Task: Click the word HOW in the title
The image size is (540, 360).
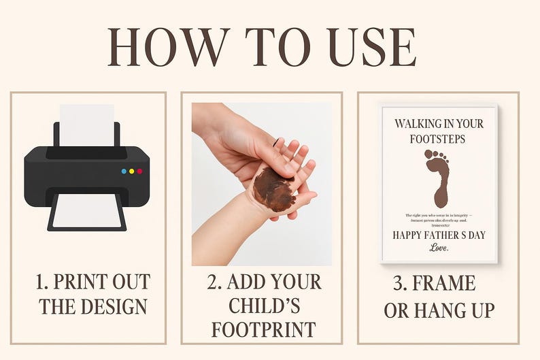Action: click(x=167, y=47)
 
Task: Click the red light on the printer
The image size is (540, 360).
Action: click(x=139, y=171)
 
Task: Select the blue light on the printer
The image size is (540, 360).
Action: click(x=124, y=171)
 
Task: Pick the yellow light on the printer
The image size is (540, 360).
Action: click(x=131, y=171)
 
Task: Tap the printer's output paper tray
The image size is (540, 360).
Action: click(x=86, y=210)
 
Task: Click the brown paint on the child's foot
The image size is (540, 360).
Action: click(x=274, y=189)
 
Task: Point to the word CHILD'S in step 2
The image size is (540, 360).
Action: click(x=264, y=306)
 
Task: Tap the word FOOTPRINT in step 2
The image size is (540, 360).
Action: click(x=264, y=329)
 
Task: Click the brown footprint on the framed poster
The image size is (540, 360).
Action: click(x=439, y=178)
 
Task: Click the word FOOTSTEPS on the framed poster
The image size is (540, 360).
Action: click(x=439, y=138)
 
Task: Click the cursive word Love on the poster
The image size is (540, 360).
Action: click(x=439, y=248)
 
